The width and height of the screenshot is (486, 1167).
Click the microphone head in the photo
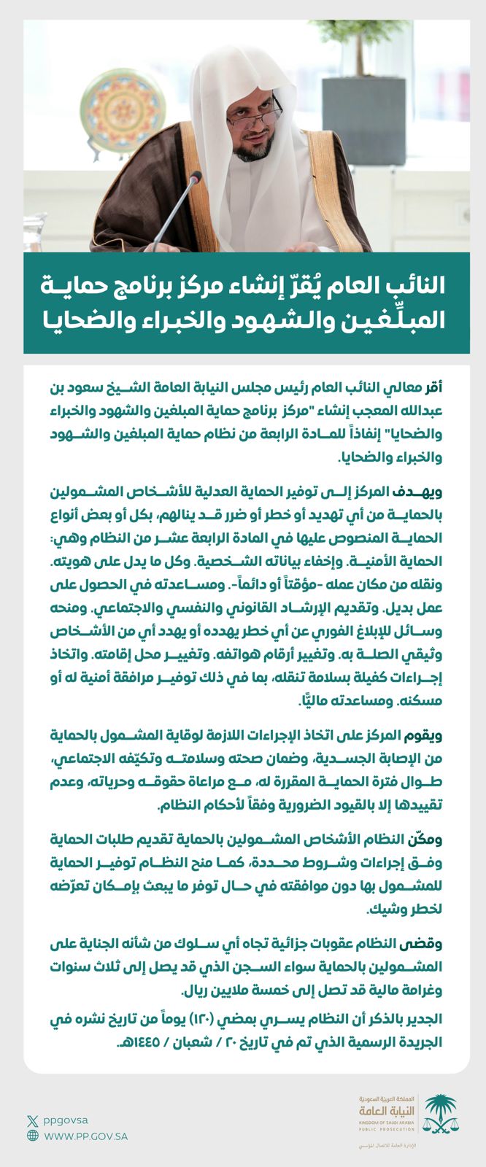click(194, 179)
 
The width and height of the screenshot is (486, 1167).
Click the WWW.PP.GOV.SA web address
click(86, 1136)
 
